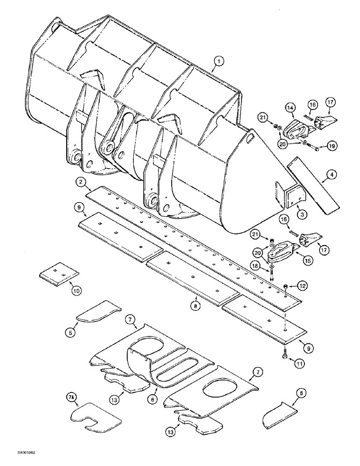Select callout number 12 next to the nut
[304, 285]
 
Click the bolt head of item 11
[284, 357]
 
